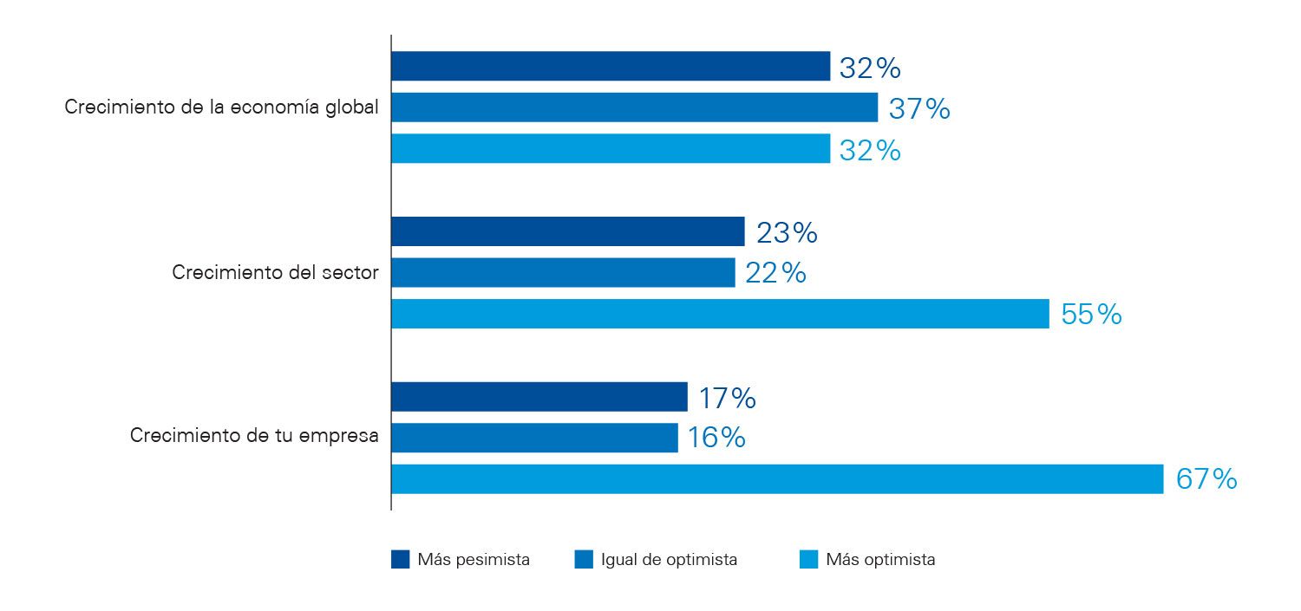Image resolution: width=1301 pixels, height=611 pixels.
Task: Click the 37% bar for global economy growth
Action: pyautogui.click(x=634, y=107)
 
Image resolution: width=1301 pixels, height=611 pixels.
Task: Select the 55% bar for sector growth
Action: pyautogui.click(x=720, y=314)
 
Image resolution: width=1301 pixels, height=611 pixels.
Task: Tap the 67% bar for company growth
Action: pyautogui.click(x=777, y=479)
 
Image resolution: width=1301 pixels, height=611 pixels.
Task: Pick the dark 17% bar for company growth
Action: pyautogui.click(x=539, y=397)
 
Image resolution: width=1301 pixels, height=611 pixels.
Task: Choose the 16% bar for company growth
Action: pyautogui.click(x=534, y=438)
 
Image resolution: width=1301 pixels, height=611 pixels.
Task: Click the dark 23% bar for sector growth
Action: pyautogui.click(x=567, y=231)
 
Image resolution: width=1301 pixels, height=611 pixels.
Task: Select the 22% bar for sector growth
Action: pyautogui.click(x=563, y=272)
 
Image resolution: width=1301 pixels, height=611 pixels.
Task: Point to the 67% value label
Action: pyautogui.click(x=1206, y=479)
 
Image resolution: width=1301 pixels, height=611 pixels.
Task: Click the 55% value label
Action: pyautogui.click(x=1091, y=314)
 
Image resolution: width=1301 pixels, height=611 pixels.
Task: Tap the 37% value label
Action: pyautogui.click(x=919, y=108)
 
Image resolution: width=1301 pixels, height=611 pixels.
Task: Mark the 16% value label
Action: pyautogui.click(x=716, y=438)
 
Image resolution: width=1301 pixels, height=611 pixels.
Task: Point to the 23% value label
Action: pyautogui.click(x=787, y=232)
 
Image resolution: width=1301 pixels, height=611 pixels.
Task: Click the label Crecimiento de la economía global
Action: pyautogui.click(x=221, y=108)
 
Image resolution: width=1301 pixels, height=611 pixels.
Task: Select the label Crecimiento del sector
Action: pyautogui.click(x=275, y=272)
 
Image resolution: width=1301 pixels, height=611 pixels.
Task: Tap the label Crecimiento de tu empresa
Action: pyautogui.click(x=254, y=436)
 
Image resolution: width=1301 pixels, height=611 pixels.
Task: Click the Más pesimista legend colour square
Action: pyautogui.click(x=400, y=560)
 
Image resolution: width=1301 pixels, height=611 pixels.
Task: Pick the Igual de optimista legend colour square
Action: pyautogui.click(x=583, y=560)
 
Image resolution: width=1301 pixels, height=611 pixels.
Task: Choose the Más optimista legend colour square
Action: pyautogui.click(x=808, y=560)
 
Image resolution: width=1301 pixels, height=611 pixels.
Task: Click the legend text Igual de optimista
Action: pyautogui.click(x=669, y=560)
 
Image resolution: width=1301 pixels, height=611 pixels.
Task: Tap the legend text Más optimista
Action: pyautogui.click(x=880, y=560)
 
